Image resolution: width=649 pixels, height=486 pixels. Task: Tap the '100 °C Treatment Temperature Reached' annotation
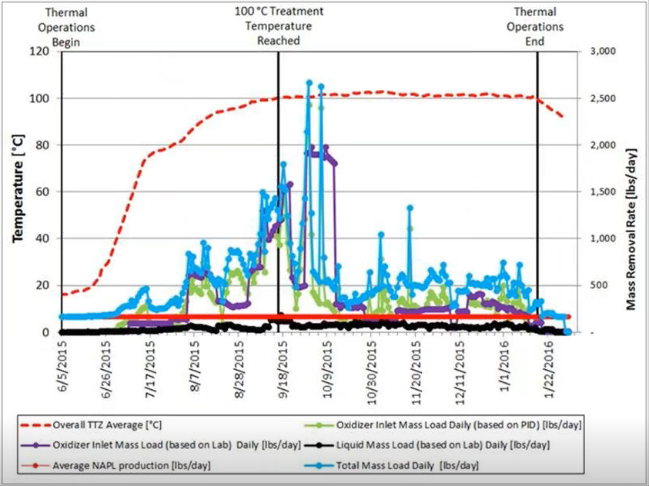pos(279,25)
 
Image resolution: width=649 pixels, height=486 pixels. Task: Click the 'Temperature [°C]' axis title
pos(17,191)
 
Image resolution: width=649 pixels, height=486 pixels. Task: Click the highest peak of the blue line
pos(309,82)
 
